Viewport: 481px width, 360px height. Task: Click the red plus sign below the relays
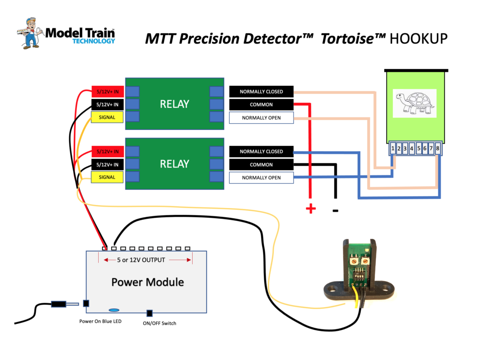tap(310, 209)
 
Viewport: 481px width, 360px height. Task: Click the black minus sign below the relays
tap(335, 211)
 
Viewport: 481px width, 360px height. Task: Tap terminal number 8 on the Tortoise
tap(438, 149)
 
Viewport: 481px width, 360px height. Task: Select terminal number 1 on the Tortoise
tap(392, 149)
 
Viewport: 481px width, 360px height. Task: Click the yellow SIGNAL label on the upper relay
tap(107, 117)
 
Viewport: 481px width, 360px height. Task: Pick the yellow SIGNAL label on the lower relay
tap(107, 177)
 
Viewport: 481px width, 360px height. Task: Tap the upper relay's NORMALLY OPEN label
tap(261, 118)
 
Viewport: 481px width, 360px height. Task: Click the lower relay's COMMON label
tap(261, 165)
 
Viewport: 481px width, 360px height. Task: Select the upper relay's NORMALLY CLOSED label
tap(261, 92)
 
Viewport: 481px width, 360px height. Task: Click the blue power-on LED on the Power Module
tap(114, 310)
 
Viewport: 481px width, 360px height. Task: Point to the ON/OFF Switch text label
tap(160, 323)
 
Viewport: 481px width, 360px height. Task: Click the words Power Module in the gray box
tap(147, 282)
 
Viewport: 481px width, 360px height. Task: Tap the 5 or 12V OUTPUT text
tap(141, 260)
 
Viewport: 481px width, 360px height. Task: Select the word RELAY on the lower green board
tap(174, 164)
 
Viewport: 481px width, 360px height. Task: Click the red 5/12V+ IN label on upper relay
tap(107, 92)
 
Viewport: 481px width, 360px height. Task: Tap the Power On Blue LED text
tap(100, 322)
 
